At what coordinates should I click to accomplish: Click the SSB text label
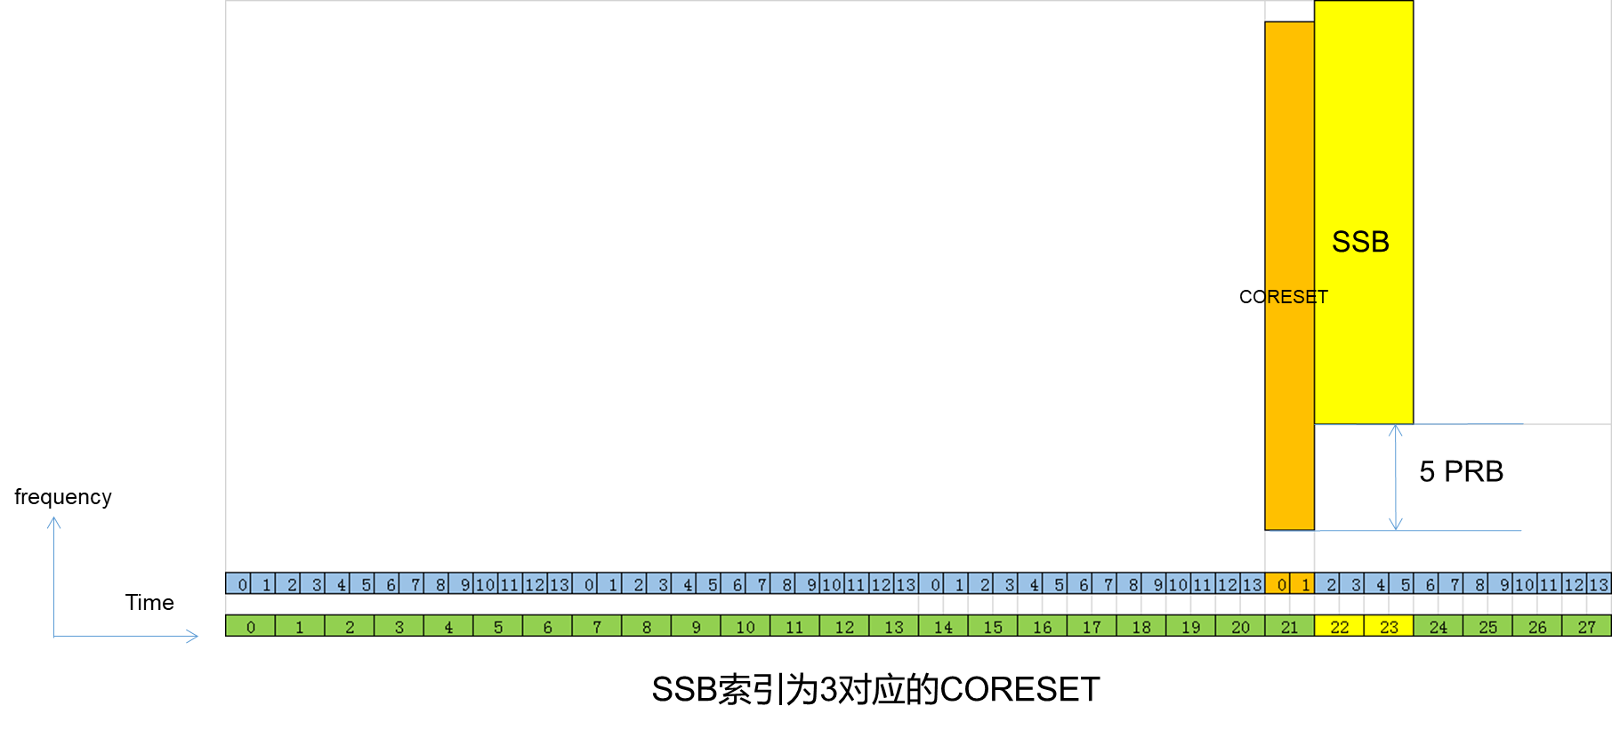click(1360, 242)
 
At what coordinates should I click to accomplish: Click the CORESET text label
click(1283, 297)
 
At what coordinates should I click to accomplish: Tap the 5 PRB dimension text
click(1461, 471)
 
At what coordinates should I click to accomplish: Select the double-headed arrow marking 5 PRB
click(1396, 477)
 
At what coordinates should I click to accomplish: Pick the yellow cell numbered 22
click(1339, 627)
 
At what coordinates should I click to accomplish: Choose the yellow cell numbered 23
click(1389, 627)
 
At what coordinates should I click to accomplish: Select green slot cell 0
click(250, 627)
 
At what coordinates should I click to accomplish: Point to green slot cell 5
click(498, 627)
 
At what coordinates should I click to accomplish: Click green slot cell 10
click(746, 627)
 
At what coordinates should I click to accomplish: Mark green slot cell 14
click(943, 627)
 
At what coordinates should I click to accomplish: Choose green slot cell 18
click(1141, 627)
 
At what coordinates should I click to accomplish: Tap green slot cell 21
click(1289, 627)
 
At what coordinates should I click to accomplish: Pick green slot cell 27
click(1586, 627)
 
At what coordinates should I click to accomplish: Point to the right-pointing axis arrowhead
click(192, 636)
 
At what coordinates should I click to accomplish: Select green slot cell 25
click(1487, 627)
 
